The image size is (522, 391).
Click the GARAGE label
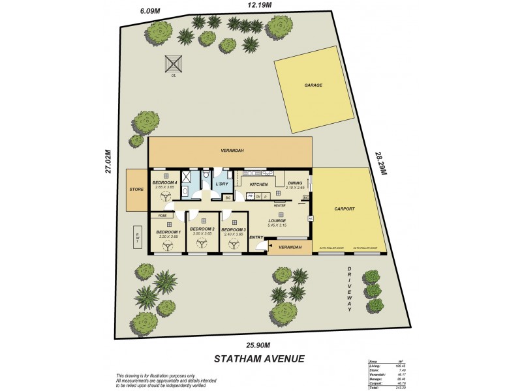313,85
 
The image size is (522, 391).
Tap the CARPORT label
344,209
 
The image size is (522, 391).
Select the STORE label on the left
136,190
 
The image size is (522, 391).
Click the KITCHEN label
259,184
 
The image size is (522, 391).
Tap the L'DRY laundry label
222,184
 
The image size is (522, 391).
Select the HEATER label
279,205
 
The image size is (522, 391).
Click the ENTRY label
256,237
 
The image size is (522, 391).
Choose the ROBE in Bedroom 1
162,215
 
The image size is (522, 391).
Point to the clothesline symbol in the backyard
173,64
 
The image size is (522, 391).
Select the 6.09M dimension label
151,10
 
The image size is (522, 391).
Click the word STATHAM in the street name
241,358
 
